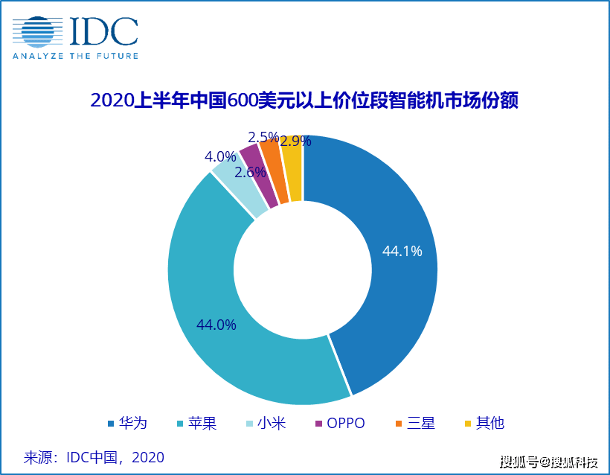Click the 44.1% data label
click(402, 252)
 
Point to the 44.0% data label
click(216, 325)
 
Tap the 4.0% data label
click(220, 157)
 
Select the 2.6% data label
click(250, 172)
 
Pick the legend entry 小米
click(266, 423)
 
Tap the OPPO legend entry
click(340, 423)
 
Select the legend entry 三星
click(415, 423)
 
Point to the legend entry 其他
click(484, 423)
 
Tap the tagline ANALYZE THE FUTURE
click(74, 55)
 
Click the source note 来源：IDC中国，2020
click(94, 456)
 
